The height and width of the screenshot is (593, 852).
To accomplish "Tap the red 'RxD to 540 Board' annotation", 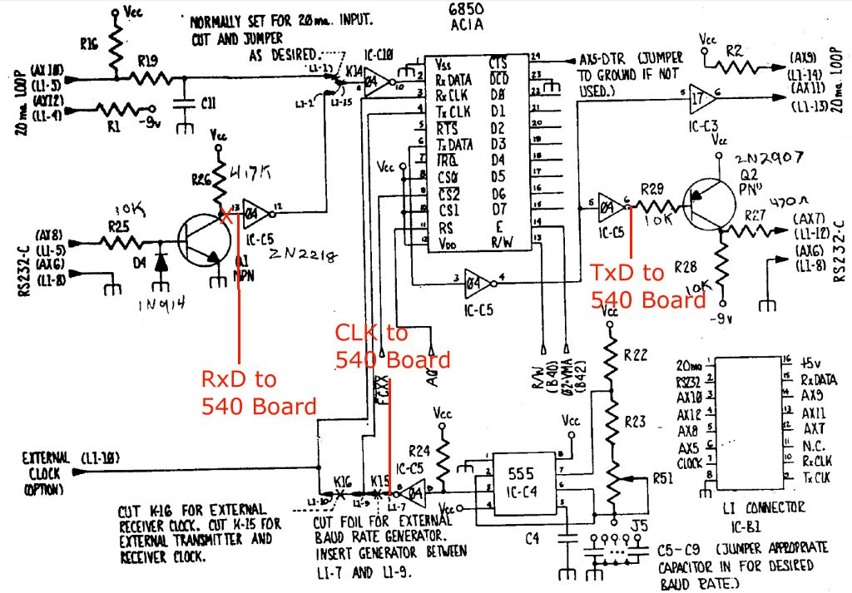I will [259, 393].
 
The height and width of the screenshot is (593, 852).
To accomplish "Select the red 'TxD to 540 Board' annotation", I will [646, 285].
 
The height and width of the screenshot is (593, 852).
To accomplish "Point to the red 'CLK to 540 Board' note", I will [391, 346].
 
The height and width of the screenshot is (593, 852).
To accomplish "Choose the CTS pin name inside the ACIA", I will [498, 63].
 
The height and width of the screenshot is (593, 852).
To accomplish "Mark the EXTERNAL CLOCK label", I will [50, 473].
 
